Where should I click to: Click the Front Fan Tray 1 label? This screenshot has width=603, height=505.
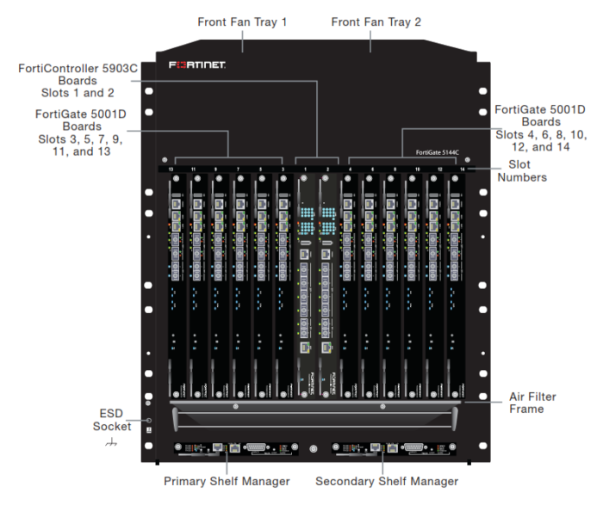tap(242, 22)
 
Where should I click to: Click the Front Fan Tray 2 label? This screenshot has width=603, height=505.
tap(376, 22)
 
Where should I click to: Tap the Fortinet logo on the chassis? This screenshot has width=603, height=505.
tap(197, 65)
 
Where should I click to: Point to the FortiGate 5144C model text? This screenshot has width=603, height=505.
tap(436, 151)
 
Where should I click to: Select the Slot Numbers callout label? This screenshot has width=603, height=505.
tap(520, 170)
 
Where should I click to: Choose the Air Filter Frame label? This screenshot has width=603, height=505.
tap(532, 403)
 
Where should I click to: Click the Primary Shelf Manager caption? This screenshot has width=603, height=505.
tap(227, 481)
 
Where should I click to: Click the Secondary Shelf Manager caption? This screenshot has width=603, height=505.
tap(387, 481)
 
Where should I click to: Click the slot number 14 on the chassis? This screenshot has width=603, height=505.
tap(462, 168)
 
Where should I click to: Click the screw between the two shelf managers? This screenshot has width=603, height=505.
tap(313, 447)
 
